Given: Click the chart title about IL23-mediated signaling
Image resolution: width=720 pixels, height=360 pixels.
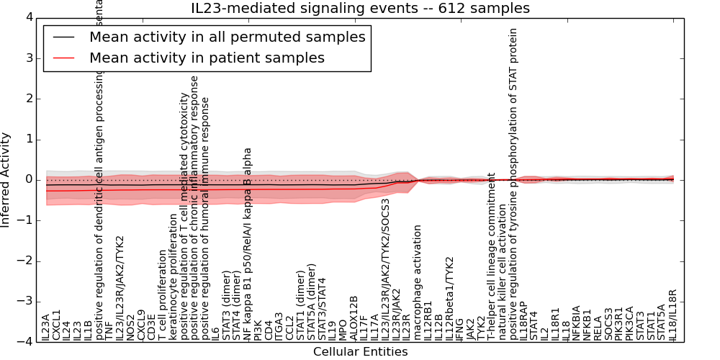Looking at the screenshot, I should pyautogui.click(x=360, y=9).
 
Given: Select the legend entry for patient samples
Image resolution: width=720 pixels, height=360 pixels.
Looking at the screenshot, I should pyautogui.click(x=207, y=58).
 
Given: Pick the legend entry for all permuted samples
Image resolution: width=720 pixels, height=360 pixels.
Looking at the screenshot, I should pyautogui.click(x=227, y=37).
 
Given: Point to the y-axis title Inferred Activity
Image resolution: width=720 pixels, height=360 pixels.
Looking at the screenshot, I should pyautogui.click(x=6, y=179).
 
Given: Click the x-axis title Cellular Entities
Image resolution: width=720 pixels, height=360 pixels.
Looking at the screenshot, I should pyautogui.click(x=360, y=352).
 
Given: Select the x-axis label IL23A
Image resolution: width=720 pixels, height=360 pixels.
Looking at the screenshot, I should pyautogui.click(x=46, y=326).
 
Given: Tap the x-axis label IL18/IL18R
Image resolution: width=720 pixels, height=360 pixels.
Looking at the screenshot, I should pyautogui.click(x=673, y=315).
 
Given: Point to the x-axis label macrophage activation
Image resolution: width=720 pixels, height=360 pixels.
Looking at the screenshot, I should pyautogui.click(x=417, y=282).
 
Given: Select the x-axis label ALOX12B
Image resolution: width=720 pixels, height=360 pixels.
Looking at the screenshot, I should pyautogui.click(x=354, y=318).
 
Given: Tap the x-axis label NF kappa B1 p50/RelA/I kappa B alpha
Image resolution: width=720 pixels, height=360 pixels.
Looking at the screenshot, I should pyautogui.click(x=248, y=244).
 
